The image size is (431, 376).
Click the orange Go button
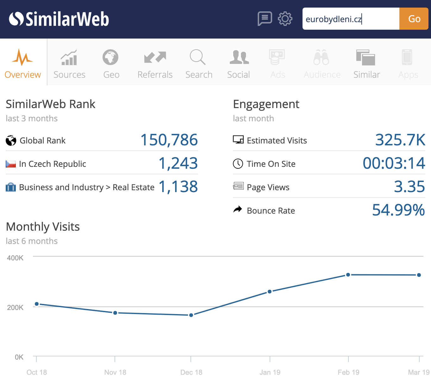[414, 19]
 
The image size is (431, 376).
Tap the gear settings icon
[285, 19]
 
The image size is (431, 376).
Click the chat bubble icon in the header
[265, 19]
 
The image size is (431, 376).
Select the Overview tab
[23, 63]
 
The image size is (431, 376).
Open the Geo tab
[111, 63]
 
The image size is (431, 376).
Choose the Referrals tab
[155, 63]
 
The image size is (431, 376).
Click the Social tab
[239, 63]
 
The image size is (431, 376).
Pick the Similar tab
[366, 63]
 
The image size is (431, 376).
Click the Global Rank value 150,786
[169, 140]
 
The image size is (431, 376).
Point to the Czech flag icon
[11, 164]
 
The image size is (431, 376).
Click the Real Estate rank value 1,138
[178, 187]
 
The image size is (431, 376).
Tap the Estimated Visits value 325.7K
[400, 140]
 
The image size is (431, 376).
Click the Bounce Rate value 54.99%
[398, 210]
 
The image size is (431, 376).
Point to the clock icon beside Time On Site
[238, 164]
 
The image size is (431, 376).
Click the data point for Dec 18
[191, 315]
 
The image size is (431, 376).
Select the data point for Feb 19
[348, 275]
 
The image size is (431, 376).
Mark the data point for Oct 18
[37, 304]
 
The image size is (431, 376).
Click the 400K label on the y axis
[15, 258]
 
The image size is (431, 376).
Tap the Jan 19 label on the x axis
[270, 372]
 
